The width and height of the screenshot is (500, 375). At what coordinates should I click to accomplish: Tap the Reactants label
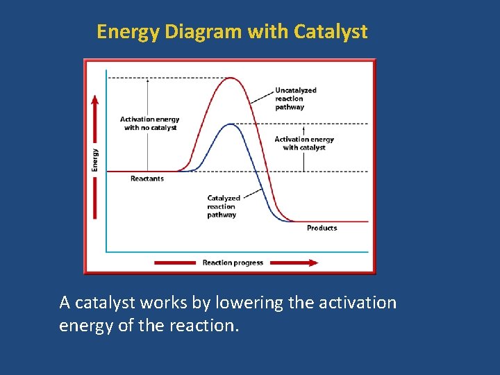coord(147,179)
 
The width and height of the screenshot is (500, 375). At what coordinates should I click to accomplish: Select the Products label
coord(322,228)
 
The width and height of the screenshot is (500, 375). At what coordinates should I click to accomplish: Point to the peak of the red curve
coord(231,78)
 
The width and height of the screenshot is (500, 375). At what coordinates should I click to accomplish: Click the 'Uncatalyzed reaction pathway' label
coord(295,99)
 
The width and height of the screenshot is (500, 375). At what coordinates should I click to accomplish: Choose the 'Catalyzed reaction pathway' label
coord(223,206)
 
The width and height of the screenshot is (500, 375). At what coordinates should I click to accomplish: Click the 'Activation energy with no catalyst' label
coord(150,124)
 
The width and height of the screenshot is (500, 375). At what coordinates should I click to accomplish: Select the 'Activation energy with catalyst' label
coord(304,143)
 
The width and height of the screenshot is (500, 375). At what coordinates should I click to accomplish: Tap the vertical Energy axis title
coord(95,160)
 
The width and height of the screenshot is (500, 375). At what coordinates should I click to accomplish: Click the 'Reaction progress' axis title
coord(233,262)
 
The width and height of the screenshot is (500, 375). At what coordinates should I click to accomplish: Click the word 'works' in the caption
coord(162,303)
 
